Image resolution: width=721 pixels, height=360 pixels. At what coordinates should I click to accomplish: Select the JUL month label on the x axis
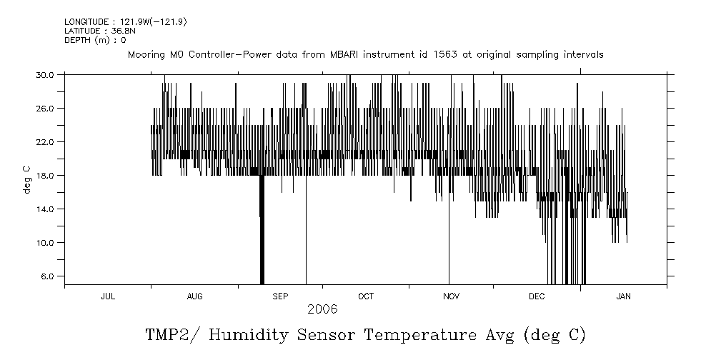tap(108, 296)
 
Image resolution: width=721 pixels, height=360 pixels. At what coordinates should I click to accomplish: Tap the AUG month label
tap(194, 296)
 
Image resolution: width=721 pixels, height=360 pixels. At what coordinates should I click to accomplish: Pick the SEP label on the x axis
tap(280, 296)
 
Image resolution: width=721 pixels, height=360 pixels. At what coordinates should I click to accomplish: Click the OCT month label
tap(366, 296)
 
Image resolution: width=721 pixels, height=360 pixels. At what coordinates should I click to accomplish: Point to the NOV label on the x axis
tap(451, 296)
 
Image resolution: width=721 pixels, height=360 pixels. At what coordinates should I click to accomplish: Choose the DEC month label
tap(537, 296)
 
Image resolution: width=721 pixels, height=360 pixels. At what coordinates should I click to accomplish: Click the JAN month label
tap(623, 296)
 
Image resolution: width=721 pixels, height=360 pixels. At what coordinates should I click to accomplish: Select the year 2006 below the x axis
tap(322, 309)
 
